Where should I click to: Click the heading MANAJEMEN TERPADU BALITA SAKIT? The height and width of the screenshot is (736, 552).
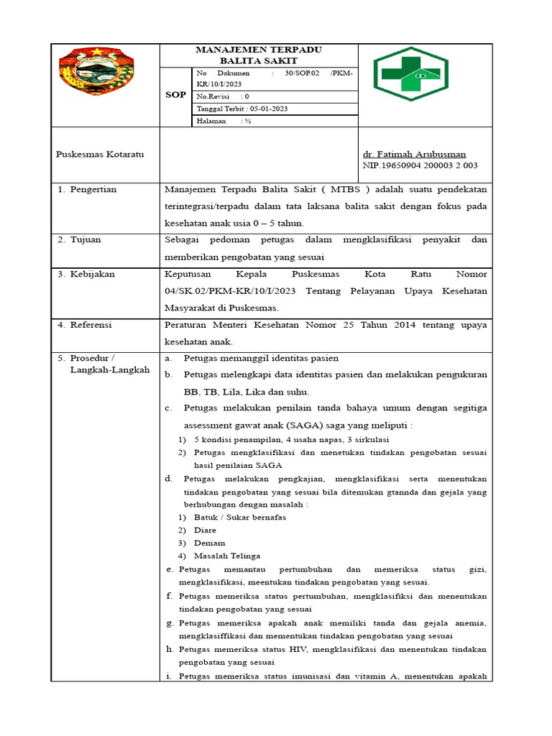click(x=258, y=55)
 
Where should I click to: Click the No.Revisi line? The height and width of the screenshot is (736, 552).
click(x=223, y=96)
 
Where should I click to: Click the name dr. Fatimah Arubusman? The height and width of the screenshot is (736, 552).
click(x=414, y=155)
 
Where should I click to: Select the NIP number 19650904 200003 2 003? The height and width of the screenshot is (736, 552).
click(x=421, y=166)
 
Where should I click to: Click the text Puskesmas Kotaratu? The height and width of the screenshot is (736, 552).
click(x=100, y=155)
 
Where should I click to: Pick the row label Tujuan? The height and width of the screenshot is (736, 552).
click(x=86, y=240)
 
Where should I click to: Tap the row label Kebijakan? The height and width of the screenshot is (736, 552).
click(x=92, y=274)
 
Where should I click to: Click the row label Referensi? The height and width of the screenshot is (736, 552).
click(x=91, y=325)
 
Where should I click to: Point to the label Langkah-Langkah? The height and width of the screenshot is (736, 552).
click(x=110, y=370)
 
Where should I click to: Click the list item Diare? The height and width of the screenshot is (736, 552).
click(x=205, y=530)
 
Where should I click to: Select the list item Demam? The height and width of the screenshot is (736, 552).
click(x=209, y=543)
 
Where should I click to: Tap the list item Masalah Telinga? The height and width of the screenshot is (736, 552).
click(x=227, y=556)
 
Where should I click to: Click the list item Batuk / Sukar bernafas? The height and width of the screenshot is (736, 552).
click(x=239, y=517)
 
